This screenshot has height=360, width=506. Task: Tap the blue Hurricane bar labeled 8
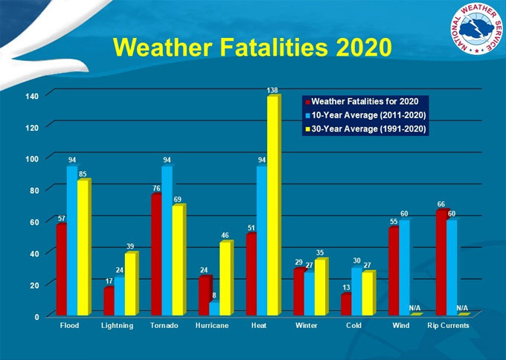pyautogui.click(x=214, y=308)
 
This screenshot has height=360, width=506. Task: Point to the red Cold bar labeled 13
pyautogui.click(x=346, y=304)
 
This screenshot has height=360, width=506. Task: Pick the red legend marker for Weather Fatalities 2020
pyautogui.click(x=307, y=100)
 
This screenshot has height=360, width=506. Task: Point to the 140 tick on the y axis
pyautogui.click(x=31, y=95)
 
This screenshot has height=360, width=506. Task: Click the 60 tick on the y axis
pyautogui.click(x=33, y=222)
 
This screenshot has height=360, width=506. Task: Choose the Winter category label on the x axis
pyautogui.click(x=307, y=326)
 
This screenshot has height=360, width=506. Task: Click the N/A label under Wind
pyautogui.click(x=415, y=308)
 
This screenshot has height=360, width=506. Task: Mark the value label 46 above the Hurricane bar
pyautogui.click(x=225, y=235)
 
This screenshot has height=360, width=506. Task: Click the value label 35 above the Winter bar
pyautogui.click(x=321, y=253)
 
